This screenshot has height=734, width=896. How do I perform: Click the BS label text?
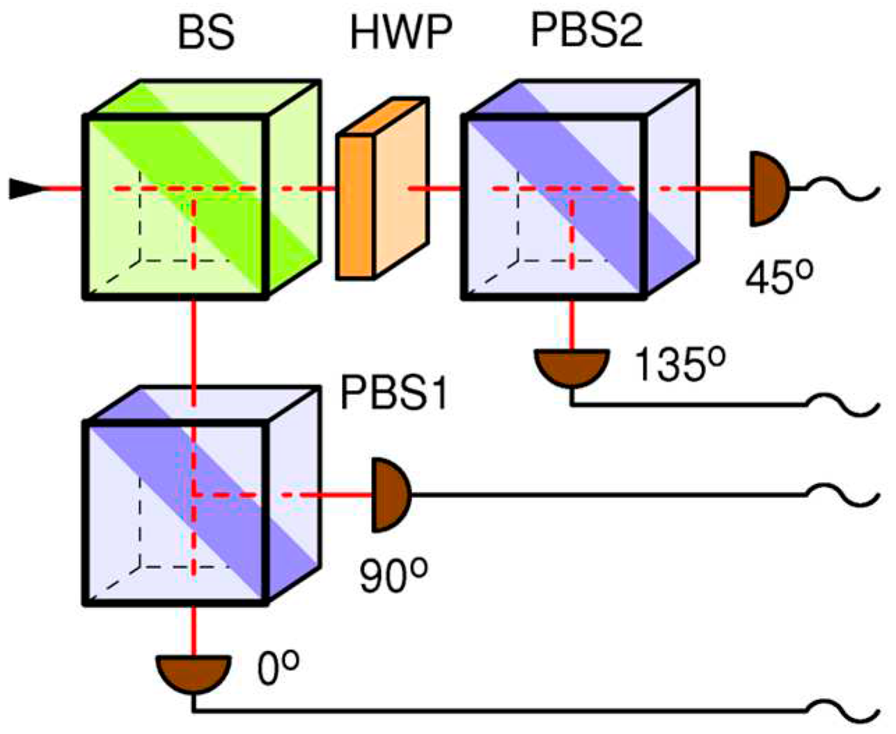[206, 33]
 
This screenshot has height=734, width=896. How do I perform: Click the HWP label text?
[401, 33]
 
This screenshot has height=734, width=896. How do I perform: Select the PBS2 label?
[587, 31]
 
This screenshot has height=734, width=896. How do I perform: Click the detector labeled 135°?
[572, 366]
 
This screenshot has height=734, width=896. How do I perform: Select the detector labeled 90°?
[389, 495]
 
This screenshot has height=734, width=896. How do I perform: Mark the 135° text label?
[679, 365]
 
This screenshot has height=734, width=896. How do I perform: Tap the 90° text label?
[393, 576]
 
